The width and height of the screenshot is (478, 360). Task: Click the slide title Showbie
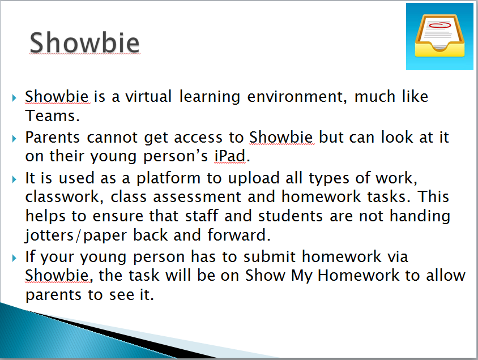84,42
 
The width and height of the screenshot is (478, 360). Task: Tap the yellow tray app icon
439,37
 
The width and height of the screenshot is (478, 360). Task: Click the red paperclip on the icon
439,25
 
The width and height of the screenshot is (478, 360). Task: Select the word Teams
53,115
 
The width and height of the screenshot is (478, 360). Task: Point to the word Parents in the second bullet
53,137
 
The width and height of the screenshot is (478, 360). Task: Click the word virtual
148,97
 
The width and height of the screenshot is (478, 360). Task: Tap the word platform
168,178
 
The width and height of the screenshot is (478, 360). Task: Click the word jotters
49,235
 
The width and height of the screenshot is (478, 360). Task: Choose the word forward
238,235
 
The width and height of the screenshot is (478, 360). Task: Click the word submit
270,256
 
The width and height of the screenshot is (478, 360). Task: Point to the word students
290,216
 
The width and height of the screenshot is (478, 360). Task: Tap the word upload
254,178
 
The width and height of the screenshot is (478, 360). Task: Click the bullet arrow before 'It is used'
14,179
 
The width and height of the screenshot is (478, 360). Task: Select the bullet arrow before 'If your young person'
14,258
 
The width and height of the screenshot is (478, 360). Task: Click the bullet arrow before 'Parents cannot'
14,139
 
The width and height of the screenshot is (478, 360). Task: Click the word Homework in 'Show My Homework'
358,275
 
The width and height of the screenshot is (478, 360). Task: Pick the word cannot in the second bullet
112,138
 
